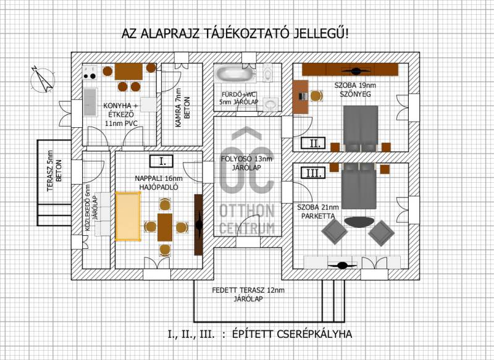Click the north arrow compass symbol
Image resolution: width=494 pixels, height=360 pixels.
coord(42,80)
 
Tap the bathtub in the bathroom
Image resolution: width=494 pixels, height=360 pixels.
coord(234,74)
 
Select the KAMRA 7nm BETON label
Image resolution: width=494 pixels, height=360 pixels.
coord(182,107)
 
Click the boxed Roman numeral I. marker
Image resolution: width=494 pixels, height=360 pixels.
coord(161,161)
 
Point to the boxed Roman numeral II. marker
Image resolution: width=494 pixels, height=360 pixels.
coord(313,143)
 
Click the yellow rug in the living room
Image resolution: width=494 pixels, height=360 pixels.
coord(128,216)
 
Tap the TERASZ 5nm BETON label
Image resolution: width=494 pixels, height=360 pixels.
coord(54,171)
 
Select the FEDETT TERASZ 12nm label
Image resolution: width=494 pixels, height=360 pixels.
coord(248,290)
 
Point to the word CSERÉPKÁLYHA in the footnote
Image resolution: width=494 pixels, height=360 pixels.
coord(314,334)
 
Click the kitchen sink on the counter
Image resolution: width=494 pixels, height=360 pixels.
coord(90,102)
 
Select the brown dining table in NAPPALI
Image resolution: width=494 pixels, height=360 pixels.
coord(165,227)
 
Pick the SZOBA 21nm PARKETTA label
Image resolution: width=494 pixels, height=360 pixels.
coord(318,211)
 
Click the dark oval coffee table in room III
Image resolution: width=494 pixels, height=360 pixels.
coord(360,222)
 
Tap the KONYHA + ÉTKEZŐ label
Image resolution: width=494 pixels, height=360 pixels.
coord(121,114)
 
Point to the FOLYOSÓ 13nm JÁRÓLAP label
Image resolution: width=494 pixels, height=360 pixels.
coord(246,163)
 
